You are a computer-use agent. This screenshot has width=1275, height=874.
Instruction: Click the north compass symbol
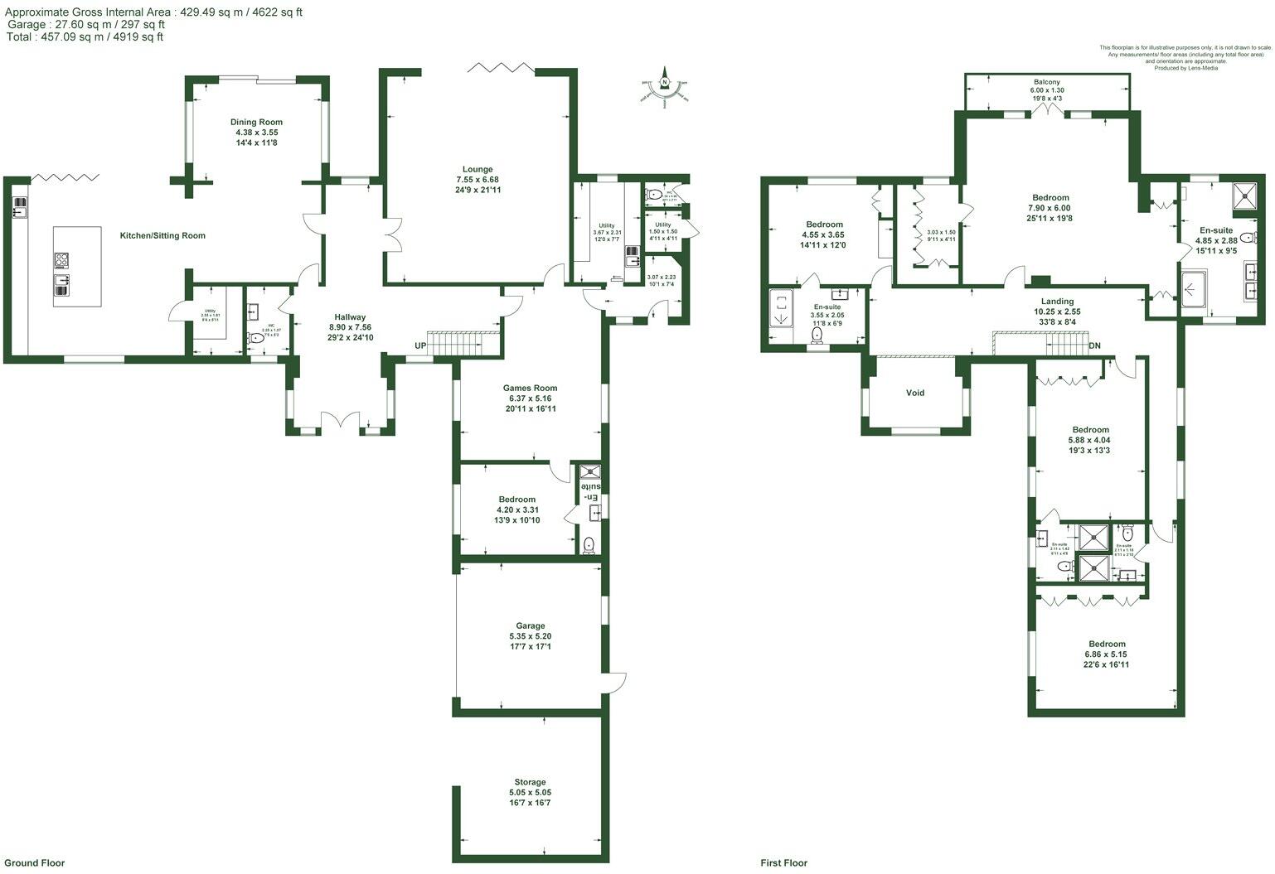point(664,83)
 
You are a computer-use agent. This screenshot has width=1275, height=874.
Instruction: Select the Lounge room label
point(478,170)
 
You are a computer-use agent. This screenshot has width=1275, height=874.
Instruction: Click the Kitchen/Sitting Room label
point(162,236)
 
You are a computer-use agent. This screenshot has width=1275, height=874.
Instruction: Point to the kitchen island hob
point(62,261)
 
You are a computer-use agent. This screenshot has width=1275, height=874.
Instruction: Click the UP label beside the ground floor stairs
point(421,345)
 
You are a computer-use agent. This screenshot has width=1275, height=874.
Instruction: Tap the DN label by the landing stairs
point(1094,345)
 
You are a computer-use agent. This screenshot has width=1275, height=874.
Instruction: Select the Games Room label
point(530,388)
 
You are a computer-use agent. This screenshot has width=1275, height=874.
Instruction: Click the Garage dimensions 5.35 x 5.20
point(530,636)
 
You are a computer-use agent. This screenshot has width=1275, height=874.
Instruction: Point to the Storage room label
point(530,782)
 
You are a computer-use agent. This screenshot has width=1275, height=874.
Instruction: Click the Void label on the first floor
point(914,393)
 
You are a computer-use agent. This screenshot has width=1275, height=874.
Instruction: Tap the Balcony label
point(1046,82)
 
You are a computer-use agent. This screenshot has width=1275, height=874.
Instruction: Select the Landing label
point(1057,302)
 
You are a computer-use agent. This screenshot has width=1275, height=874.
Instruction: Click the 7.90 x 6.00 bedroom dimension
point(1050,208)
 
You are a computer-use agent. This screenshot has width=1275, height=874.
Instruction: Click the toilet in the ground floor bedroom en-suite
point(589,544)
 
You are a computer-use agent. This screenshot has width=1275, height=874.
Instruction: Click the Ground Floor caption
point(35,862)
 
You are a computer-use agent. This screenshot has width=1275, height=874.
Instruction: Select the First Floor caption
point(784,862)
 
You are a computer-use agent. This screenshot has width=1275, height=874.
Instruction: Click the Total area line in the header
point(85,36)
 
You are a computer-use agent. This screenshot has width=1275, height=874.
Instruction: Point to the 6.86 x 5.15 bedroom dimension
point(1107,654)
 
